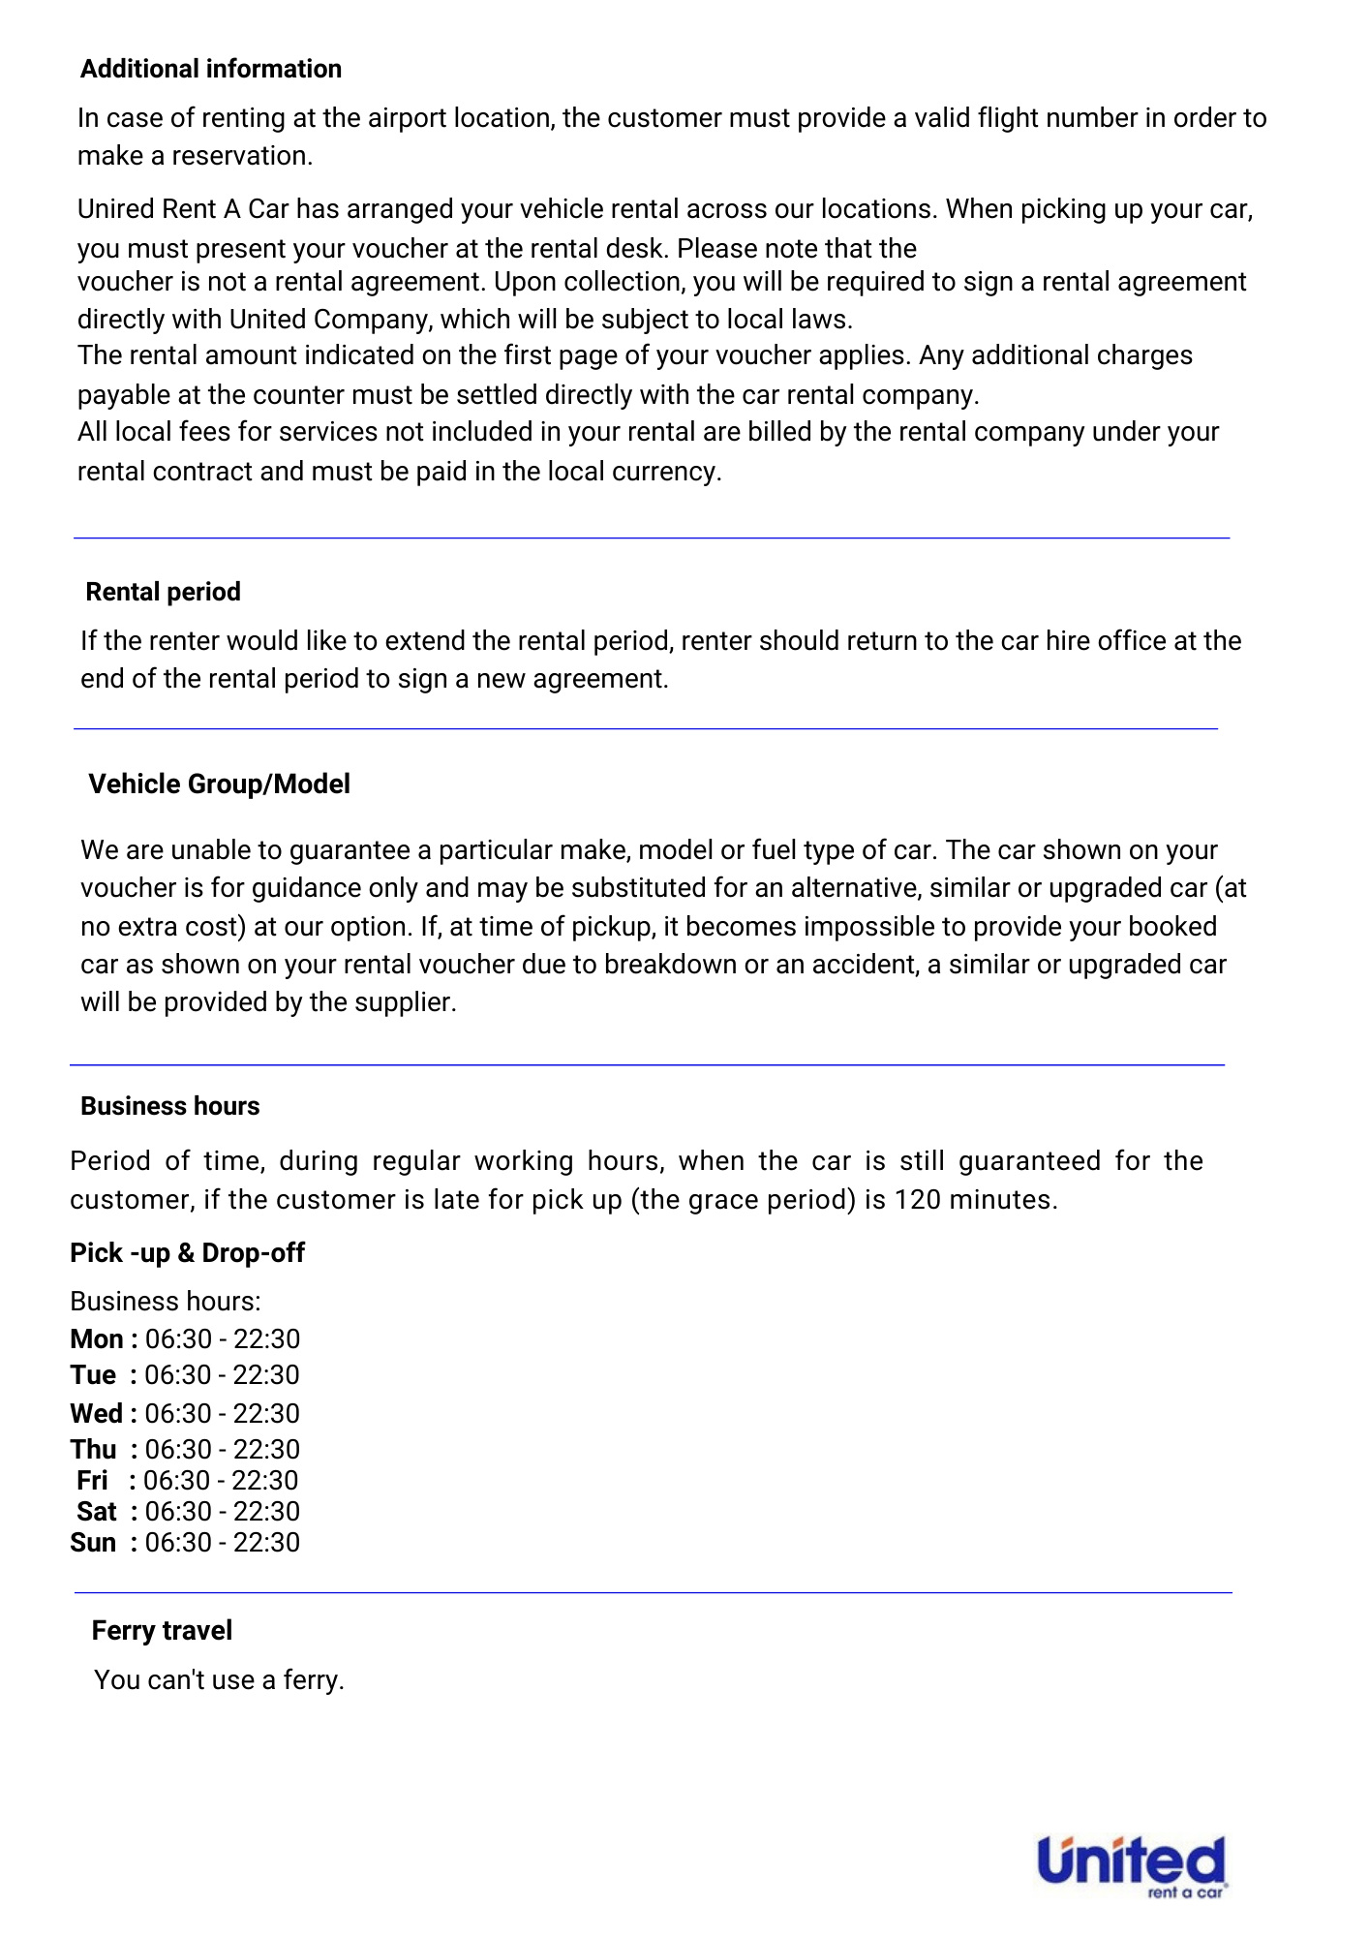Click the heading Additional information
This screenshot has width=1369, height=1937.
[x=210, y=69]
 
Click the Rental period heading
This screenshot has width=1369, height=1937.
[x=163, y=592]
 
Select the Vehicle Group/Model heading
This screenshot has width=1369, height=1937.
[x=219, y=784]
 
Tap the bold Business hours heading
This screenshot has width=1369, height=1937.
[x=169, y=1106]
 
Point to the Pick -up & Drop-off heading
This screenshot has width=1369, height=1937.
[x=187, y=1252]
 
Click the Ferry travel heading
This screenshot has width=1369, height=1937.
[x=162, y=1630]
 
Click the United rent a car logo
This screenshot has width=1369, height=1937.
[x=1131, y=1865]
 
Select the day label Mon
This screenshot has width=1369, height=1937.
[x=96, y=1338]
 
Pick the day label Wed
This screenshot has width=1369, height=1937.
[x=96, y=1413]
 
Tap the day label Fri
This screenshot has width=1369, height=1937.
[x=92, y=1480]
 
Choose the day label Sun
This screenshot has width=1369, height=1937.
[x=93, y=1542]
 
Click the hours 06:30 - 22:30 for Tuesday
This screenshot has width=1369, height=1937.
[x=222, y=1374]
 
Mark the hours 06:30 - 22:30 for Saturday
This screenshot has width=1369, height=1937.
[x=222, y=1511]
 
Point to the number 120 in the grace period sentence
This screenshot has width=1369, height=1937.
[x=917, y=1199]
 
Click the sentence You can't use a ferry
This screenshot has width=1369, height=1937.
[x=219, y=1679]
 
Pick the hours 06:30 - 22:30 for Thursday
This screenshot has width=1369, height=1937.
[x=222, y=1449]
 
